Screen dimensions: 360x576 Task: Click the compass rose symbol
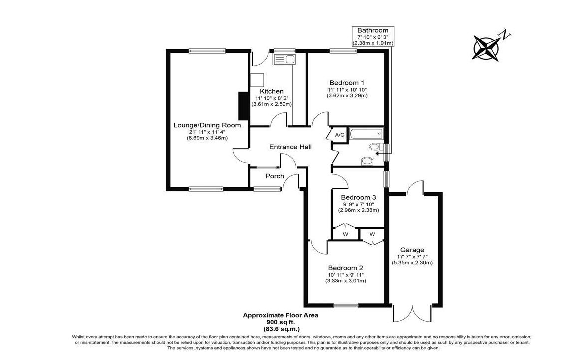click(x=486, y=47)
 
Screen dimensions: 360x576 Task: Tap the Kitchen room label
click(x=272, y=91)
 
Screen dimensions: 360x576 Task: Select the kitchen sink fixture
click(x=284, y=60)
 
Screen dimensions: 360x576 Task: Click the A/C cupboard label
click(x=340, y=135)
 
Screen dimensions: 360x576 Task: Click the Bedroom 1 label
click(x=347, y=82)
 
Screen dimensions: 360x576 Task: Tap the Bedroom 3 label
click(x=359, y=197)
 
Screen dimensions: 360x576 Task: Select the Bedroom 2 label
click(x=345, y=268)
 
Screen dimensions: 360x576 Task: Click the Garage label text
click(x=412, y=250)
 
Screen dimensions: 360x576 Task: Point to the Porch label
click(x=275, y=176)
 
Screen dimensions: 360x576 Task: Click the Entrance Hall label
click(x=290, y=147)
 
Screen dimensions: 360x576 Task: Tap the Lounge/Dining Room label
click(x=207, y=125)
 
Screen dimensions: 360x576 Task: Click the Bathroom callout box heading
click(x=373, y=30)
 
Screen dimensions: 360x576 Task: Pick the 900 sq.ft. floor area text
click(x=280, y=322)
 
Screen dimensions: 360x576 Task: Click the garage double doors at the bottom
click(x=412, y=314)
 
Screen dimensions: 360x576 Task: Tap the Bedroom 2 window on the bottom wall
click(x=345, y=305)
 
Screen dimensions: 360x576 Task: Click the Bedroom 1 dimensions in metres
click(x=347, y=95)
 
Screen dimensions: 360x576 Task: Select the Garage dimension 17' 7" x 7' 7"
click(x=412, y=256)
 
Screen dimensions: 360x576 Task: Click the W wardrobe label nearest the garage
click(x=372, y=234)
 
